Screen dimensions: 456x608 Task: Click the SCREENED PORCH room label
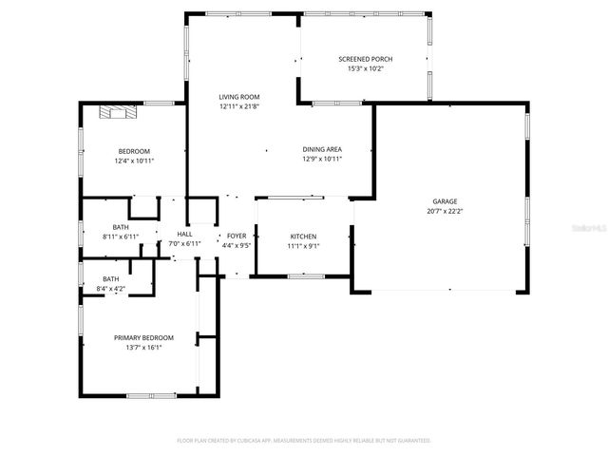[x=365, y=59]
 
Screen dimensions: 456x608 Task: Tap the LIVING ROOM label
[x=238, y=97]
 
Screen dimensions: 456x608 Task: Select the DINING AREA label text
[x=322, y=149]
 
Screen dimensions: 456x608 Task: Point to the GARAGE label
[x=445, y=201]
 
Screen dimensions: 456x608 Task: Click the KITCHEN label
[x=303, y=237]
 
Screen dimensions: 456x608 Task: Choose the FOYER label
[x=237, y=235]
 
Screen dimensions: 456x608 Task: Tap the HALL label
[x=184, y=235]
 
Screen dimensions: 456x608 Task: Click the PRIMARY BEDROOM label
[x=143, y=338]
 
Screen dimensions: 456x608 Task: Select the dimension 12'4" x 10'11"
[x=134, y=161]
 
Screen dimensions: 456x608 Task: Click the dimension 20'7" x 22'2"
[x=445, y=210]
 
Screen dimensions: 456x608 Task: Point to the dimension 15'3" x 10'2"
[x=365, y=68]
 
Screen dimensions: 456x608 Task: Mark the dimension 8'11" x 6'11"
[x=121, y=236]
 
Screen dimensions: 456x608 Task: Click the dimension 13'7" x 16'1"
[x=143, y=347]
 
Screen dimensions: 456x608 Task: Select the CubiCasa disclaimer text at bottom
[x=304, y=441]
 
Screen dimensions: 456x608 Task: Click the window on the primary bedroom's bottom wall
[x=151, y=394]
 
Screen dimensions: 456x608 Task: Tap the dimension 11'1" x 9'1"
[x=303, y=245]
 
